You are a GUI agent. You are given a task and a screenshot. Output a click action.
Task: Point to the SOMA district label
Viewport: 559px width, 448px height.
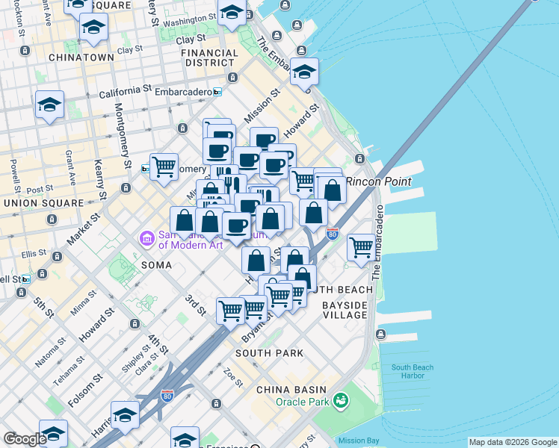coord(157,265)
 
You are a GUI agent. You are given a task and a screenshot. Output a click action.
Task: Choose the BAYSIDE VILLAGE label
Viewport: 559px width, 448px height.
coord(345,310)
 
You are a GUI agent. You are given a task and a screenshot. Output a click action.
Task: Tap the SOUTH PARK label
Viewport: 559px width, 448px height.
coord(269,352)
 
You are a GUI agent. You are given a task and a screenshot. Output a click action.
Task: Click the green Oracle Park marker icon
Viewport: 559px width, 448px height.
coord(341,401)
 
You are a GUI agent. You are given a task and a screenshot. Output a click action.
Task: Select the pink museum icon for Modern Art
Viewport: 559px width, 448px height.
coord(146,239)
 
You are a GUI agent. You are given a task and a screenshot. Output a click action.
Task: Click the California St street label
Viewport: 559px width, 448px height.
coord(125,91)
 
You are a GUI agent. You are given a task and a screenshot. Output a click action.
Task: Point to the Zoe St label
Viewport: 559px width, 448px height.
coord(233,377)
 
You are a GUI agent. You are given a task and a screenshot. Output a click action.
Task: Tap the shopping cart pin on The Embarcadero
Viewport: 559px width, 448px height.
coord(361,246)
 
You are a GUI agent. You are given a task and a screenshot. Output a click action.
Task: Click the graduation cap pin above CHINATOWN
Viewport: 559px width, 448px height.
coord(93,27)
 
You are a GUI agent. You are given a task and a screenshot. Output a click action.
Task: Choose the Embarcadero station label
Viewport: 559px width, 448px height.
coord(182,92)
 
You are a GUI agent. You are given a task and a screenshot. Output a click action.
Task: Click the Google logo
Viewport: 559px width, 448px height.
coord(24,439)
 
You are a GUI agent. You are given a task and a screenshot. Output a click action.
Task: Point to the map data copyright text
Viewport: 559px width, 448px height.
coord(512,442)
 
